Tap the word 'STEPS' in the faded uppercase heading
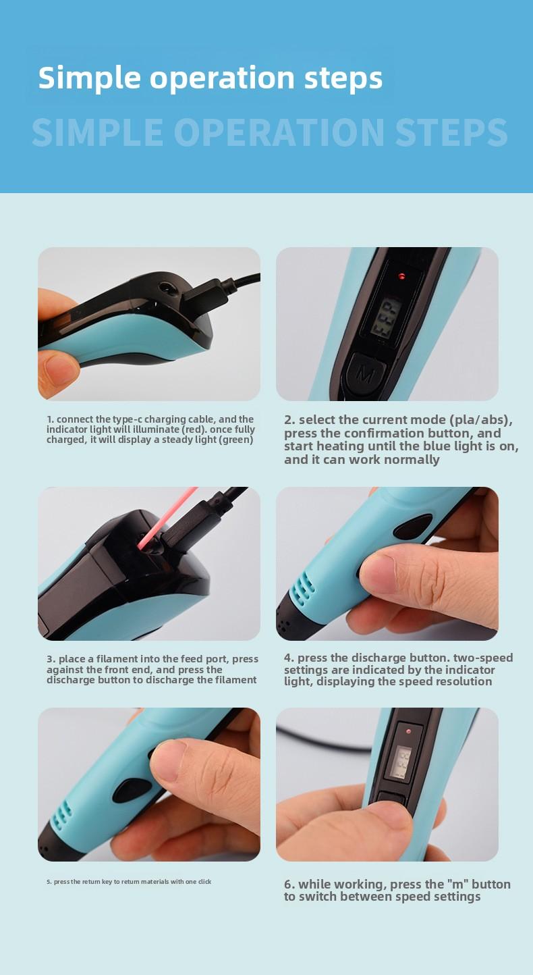[451, 133]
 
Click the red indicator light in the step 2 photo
[401, 276]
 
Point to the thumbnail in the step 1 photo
[61, 369]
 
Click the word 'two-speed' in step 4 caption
[483, 658]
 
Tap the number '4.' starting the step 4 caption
[289, 658]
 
